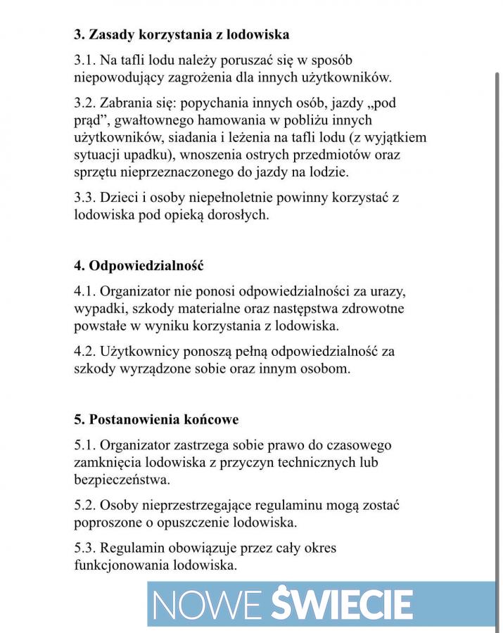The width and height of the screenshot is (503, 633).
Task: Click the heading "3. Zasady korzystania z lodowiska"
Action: [x=182, y=34]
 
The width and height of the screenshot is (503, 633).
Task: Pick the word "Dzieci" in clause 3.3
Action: [x=123, y=198]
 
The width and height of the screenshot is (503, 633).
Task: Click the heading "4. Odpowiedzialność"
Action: [x=139, y=266]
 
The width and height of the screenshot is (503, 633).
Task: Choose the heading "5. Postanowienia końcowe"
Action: [x=156, y=420]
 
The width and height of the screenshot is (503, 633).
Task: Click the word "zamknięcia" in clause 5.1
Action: [x=106, y=463]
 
